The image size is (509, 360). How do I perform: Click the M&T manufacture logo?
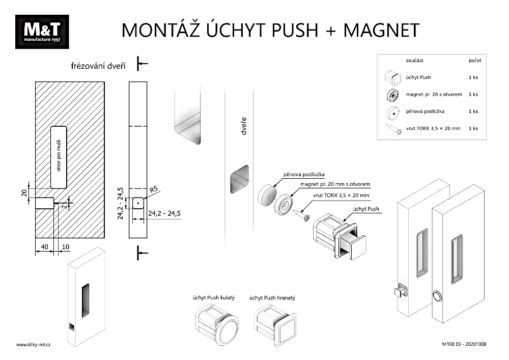pyautogui.click(x=42, y=32)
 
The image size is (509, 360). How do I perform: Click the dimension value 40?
pyautogui.click(x=44, y=247)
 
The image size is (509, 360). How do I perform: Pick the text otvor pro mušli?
pyautogui.click(x=59, y=156)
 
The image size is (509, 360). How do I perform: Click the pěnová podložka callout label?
pyautogui.click(x=305, y=175)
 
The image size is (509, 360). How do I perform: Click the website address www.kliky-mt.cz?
pyautogui.click(x=34, y=345)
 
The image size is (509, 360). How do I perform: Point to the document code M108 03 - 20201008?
pyautogui.click(x=464, y=345)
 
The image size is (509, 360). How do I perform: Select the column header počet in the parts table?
pyautogui.click(x=474, y=60)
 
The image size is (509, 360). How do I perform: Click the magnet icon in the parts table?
pyautogui.click(x=392, y=95)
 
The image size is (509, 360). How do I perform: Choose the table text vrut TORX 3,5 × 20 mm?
pyautogui.click(x=433, y=128)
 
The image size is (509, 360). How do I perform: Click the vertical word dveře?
pyautogui.click(x=245, y=127)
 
